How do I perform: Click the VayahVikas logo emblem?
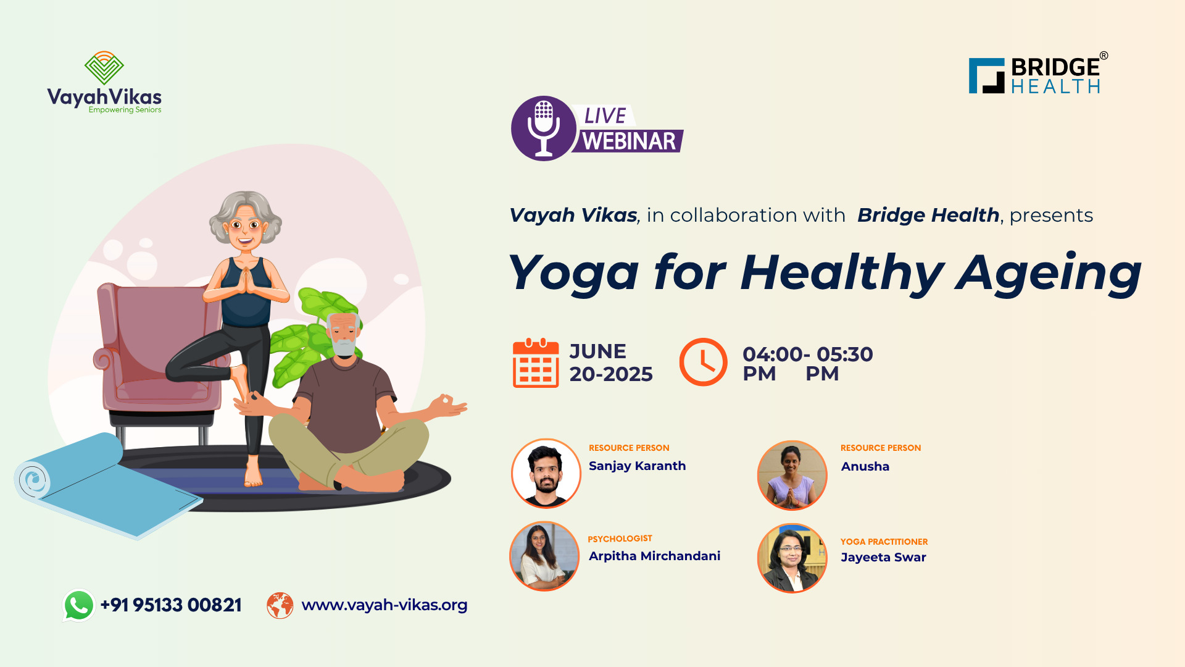click(x=104, y=68)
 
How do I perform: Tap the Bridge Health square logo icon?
click(x=987, y=76)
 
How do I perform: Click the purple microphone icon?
click(x=544, y=128)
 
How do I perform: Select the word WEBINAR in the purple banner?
click(x=629, y=141)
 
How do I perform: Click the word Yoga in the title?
click(x=573, y=273)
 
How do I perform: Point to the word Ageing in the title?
click(x=1048, y=273)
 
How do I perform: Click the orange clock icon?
click(x=703, y=362)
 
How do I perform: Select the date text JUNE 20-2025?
click(x=611, y=363)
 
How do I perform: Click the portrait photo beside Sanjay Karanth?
click(x=546, y=473)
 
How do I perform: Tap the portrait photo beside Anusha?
click(x=792, y=475)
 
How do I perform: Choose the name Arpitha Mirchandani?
click(x=654, y=556)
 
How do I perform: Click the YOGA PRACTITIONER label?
click(x=884, y=542)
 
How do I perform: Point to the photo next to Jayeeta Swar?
click(x=792, y=558)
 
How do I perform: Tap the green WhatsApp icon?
click(x=78, y=605)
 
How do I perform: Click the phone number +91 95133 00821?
click(x=171, y=605)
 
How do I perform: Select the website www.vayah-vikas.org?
click(x=384, y=605)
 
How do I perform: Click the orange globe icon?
click(x=280, y=605)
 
